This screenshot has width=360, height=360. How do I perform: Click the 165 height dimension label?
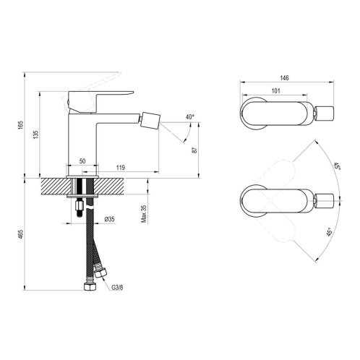(21, 125)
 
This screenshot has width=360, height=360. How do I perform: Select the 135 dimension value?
(35, 134)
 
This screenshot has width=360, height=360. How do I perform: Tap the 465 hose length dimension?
(21, 234)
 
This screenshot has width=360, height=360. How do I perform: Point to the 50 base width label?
(82, 161)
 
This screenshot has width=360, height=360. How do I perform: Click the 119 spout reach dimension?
(121, 168)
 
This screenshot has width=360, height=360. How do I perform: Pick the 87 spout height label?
(194, 150)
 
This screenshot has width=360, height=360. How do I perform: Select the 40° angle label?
(190, 117)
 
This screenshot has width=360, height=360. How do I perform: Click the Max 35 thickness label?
(144, 214)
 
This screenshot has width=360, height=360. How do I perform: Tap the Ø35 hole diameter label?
(110, 219)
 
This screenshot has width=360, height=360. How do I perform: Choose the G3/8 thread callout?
(117, 288)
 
